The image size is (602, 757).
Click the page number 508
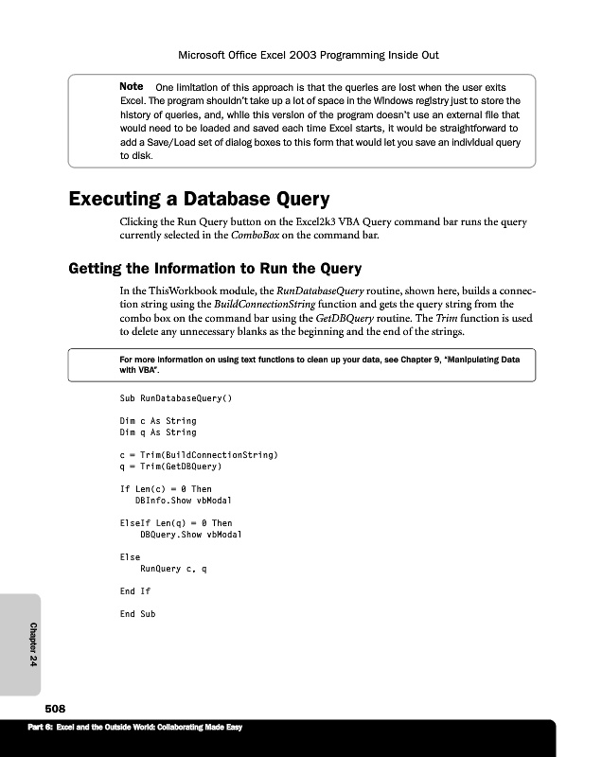tap(54, 709)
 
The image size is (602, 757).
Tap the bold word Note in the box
tap(132, 87)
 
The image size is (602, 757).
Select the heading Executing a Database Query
tap(199, 200)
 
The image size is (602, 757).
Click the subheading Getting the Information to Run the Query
tap(215, 268)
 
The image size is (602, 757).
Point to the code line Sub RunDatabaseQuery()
tap(176, 398)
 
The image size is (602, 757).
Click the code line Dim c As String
tap(158, 421)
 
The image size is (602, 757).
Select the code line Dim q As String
tap(158, 432)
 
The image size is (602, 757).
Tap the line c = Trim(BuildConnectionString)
tap(199, 455)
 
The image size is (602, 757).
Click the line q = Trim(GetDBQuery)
tap(170, 467)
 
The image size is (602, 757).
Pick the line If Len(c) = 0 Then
tap(166, 489)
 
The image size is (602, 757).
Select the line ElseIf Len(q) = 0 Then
tap(176, 523)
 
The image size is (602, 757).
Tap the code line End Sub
tap(137, 614)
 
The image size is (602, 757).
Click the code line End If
tap(135, 591)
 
